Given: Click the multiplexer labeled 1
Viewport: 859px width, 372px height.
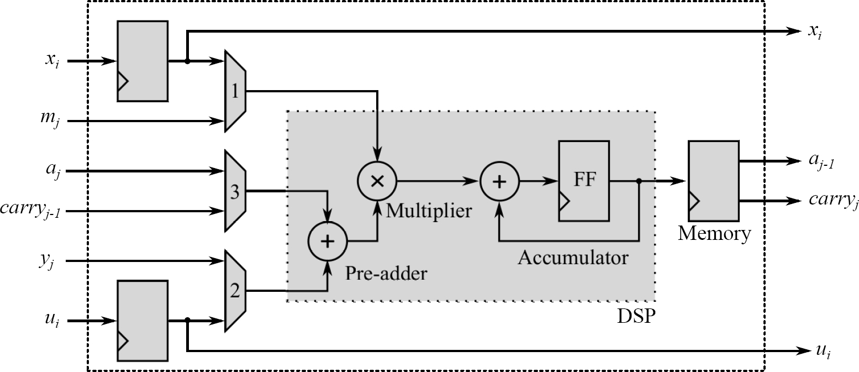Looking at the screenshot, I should point(235,91).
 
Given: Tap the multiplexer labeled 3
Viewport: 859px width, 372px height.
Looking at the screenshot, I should point(235,191).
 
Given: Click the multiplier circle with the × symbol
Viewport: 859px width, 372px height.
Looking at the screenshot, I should point(376,181).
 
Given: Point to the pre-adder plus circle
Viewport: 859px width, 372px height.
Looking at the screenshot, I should point(328,241).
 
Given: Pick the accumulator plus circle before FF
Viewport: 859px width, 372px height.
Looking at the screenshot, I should point(499,181).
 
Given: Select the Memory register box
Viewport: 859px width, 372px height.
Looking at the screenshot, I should point(713,180).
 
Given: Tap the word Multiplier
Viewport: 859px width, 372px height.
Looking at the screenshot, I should point(429,211).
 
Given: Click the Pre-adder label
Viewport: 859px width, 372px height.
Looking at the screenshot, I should point(386,273).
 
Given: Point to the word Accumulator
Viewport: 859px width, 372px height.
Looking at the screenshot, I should point(573,258).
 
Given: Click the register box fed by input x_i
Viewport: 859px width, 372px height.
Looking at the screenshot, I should point(143,61).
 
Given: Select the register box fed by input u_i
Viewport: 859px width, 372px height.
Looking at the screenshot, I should point(143,321).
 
